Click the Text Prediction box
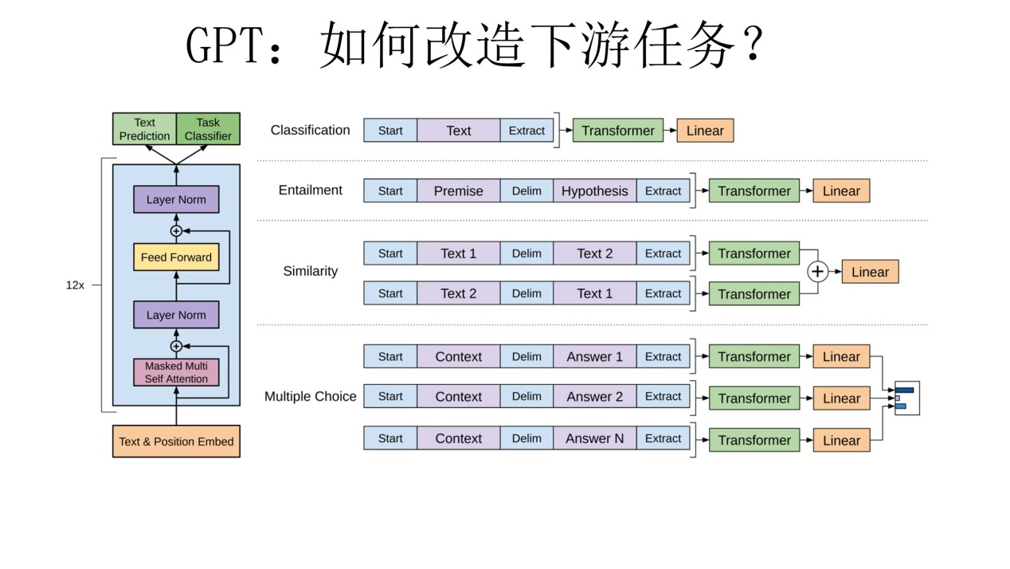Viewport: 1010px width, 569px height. pos(144,129)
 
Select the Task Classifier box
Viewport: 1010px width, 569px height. pos(208,129)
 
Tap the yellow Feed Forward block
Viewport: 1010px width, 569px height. pos(176,257)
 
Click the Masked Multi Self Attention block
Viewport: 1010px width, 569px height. pos(176,372)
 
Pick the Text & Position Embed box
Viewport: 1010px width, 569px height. pos(176,441)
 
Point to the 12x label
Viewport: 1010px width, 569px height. pos(75,284)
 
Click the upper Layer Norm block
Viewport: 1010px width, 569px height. pos(176,199)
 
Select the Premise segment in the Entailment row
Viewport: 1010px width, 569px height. pos(458,191)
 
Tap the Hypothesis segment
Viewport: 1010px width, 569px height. pos(594,191)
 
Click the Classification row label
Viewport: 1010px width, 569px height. pos(310,130)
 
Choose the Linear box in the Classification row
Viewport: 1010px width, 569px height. pos(705,131)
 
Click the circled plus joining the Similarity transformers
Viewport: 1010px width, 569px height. pos(817,272)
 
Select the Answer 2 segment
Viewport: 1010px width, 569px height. pos(594,397)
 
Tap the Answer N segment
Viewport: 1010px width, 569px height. pos(594,438)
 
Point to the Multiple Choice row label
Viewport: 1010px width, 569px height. pos(310,396)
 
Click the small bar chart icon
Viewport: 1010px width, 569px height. pos(906,398)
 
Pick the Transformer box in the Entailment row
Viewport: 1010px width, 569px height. pos(754,191)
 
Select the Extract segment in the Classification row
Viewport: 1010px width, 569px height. pos(527,131)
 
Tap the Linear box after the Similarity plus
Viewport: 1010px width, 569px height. pos(870,272)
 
